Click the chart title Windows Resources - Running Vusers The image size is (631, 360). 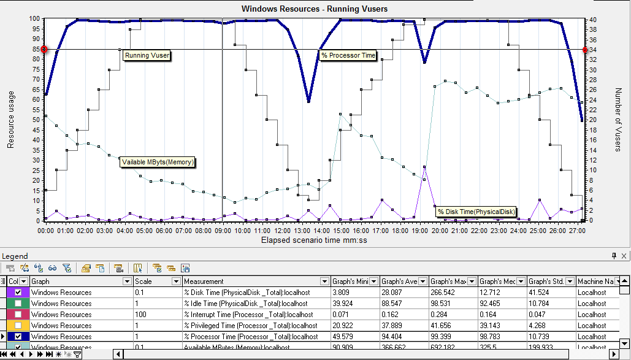pyautogui.click(x=315, y=9)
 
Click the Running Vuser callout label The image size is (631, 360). pyautogui.click(x=147, y=55)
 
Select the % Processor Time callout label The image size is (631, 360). pyautogui.click(x=348, y=55)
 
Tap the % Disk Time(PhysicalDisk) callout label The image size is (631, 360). pyautogui.click(x=476, y=212)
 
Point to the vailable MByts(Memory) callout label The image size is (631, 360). pyautogui.click(x=158, y=162)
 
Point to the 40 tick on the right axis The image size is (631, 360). pyautogui.click(x=592, y=19)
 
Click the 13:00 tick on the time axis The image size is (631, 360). pyautogui.click(x=302, y=231)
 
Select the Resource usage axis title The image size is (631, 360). pyautogui.click(x=11, y=120)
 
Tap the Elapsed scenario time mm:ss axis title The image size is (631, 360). pyautogui.click(x=314, y=240)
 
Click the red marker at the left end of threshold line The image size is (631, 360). pyautogui.click(x=44, y=49)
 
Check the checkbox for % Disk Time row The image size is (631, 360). pyautogui.click(x=18, y=293)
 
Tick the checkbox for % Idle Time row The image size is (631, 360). pyautogui.click(x=18, y=304)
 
